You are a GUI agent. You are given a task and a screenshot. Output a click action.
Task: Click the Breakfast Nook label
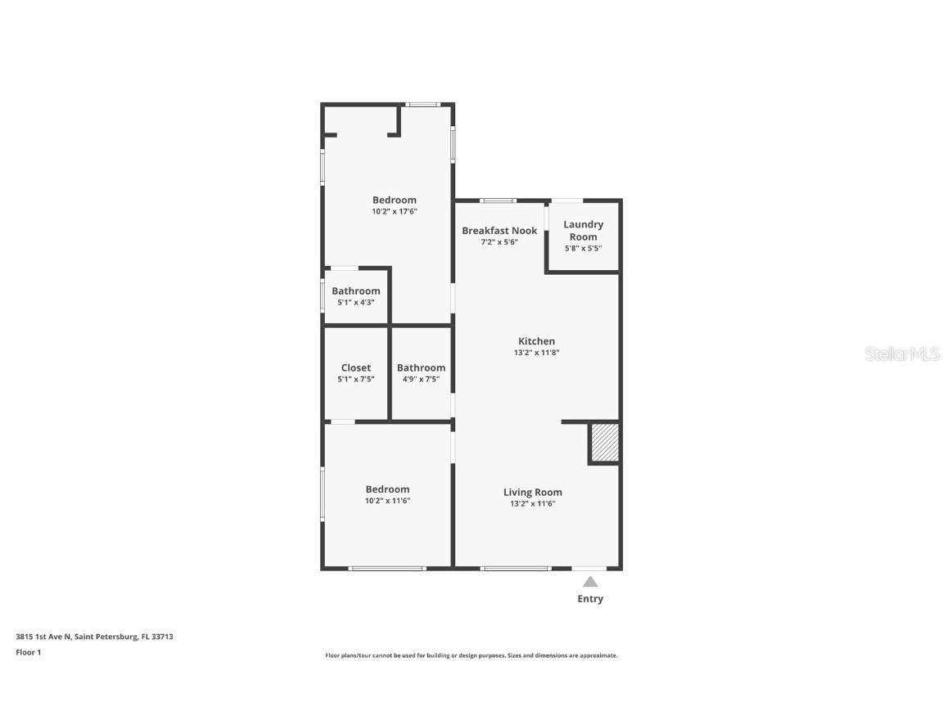click(499, 231)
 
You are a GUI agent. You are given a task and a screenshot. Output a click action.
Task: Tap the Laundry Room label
click(583, 230)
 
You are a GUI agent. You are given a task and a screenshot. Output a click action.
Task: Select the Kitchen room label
click(536, 341)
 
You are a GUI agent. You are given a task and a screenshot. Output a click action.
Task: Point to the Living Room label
click(532, 492)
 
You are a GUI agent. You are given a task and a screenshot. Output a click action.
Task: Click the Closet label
click(355, 367)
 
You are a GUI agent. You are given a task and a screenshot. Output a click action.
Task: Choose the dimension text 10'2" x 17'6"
click(395, 211)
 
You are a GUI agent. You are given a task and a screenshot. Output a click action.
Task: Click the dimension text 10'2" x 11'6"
click(387, 501)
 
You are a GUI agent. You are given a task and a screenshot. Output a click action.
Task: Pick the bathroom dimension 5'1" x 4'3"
click(355, 302)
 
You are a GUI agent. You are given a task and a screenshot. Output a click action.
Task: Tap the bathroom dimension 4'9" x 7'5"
click(421, 379)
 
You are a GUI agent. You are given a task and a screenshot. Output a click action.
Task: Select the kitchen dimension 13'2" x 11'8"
click(536, 353)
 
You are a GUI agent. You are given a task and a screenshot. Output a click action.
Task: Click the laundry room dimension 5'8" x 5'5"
click(583, 248)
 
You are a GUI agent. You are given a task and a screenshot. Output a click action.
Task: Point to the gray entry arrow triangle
click(589, 582)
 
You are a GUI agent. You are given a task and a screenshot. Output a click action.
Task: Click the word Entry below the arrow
click(589, 599)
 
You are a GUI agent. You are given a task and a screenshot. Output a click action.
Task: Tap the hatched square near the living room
click(604, 443)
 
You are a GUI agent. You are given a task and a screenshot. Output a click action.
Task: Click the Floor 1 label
click(28, 652)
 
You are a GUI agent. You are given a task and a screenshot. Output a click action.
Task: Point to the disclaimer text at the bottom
click(471, 655)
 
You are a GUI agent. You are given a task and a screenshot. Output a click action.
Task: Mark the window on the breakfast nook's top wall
click(498, 200)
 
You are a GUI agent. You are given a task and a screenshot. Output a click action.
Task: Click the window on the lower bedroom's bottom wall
click(386, 568)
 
